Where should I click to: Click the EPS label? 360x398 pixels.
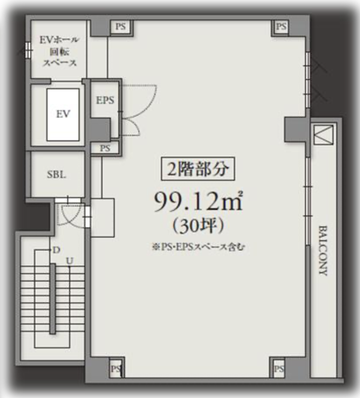(x=105, y=100)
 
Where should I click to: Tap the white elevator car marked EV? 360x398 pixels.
(x=63, y=115)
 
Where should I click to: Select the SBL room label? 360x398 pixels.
(x=57, y=174)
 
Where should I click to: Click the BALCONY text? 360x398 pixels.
(x=323, y=251)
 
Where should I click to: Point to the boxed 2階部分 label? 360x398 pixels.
(x=198, y=169)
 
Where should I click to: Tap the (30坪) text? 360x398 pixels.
(x=198, y=226)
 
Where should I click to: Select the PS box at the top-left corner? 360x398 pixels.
(x=121, y=26)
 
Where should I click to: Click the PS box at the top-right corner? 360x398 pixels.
(x=281, y=26)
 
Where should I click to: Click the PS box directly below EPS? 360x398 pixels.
(x=105, y=148)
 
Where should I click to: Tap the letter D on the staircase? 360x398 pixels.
(x=57, y=250)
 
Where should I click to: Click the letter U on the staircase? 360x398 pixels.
(x=70, y=261)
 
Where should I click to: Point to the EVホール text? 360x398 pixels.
(x=59, y=40)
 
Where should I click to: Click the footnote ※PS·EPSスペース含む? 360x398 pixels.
(x=198, y=247)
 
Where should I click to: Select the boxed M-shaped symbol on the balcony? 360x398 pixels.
(x=324, y=135)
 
